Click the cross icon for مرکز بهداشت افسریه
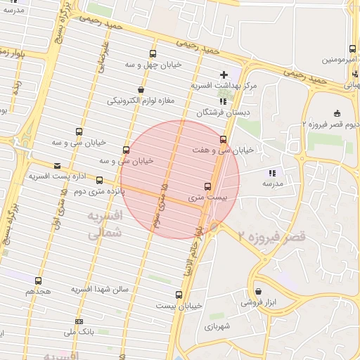(x=224, y=75)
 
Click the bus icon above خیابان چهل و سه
(x=153, y=54)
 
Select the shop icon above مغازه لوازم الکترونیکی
(x=141, y=90)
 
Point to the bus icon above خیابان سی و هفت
(x=224, y=139)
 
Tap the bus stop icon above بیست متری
(x=207, y=187)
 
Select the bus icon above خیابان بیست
(x=179, y=295)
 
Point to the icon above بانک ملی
(x=79, y=321)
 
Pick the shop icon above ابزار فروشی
(x=258, y=291)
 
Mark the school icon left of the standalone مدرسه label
(x=272, y=173)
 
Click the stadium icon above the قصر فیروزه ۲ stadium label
(x=337, y=113)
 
